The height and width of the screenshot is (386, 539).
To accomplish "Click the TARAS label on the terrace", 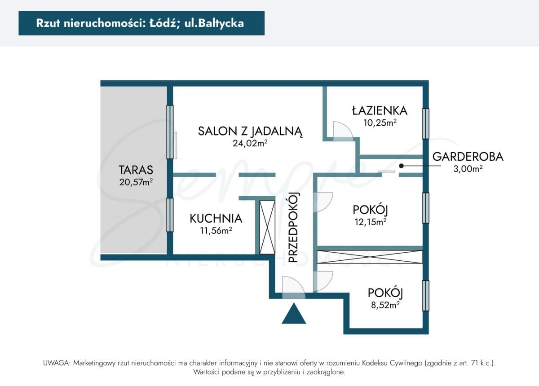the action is click(136, 170).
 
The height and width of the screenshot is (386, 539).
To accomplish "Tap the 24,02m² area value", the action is click(250, 143).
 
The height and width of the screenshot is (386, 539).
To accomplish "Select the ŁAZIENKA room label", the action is click(380, 111).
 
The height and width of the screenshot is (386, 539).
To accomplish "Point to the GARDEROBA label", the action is click(468, 157).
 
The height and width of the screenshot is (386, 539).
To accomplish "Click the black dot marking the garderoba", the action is click(401, 166).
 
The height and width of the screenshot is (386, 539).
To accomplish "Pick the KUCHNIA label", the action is click(216, 219).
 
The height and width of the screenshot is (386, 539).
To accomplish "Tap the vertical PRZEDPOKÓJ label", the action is click(293, 227).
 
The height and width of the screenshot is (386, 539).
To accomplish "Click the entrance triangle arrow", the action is click(294, 313).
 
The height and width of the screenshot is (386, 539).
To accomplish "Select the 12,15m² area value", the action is click(371, 222).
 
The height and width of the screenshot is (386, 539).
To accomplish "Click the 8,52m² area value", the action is click(385, 305).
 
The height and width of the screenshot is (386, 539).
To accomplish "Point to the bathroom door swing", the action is click(343, 132).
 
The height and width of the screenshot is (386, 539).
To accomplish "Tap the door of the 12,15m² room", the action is click(323, 202).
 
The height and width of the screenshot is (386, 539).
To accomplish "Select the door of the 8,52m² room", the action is click(323, 281).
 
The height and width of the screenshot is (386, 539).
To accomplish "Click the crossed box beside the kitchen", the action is click(267, 227).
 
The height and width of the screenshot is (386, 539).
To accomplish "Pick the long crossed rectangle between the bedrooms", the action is click(370, 257).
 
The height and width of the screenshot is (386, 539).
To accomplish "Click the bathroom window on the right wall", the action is click(426, 123).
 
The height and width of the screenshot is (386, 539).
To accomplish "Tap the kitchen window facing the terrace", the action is click(170, 215).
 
